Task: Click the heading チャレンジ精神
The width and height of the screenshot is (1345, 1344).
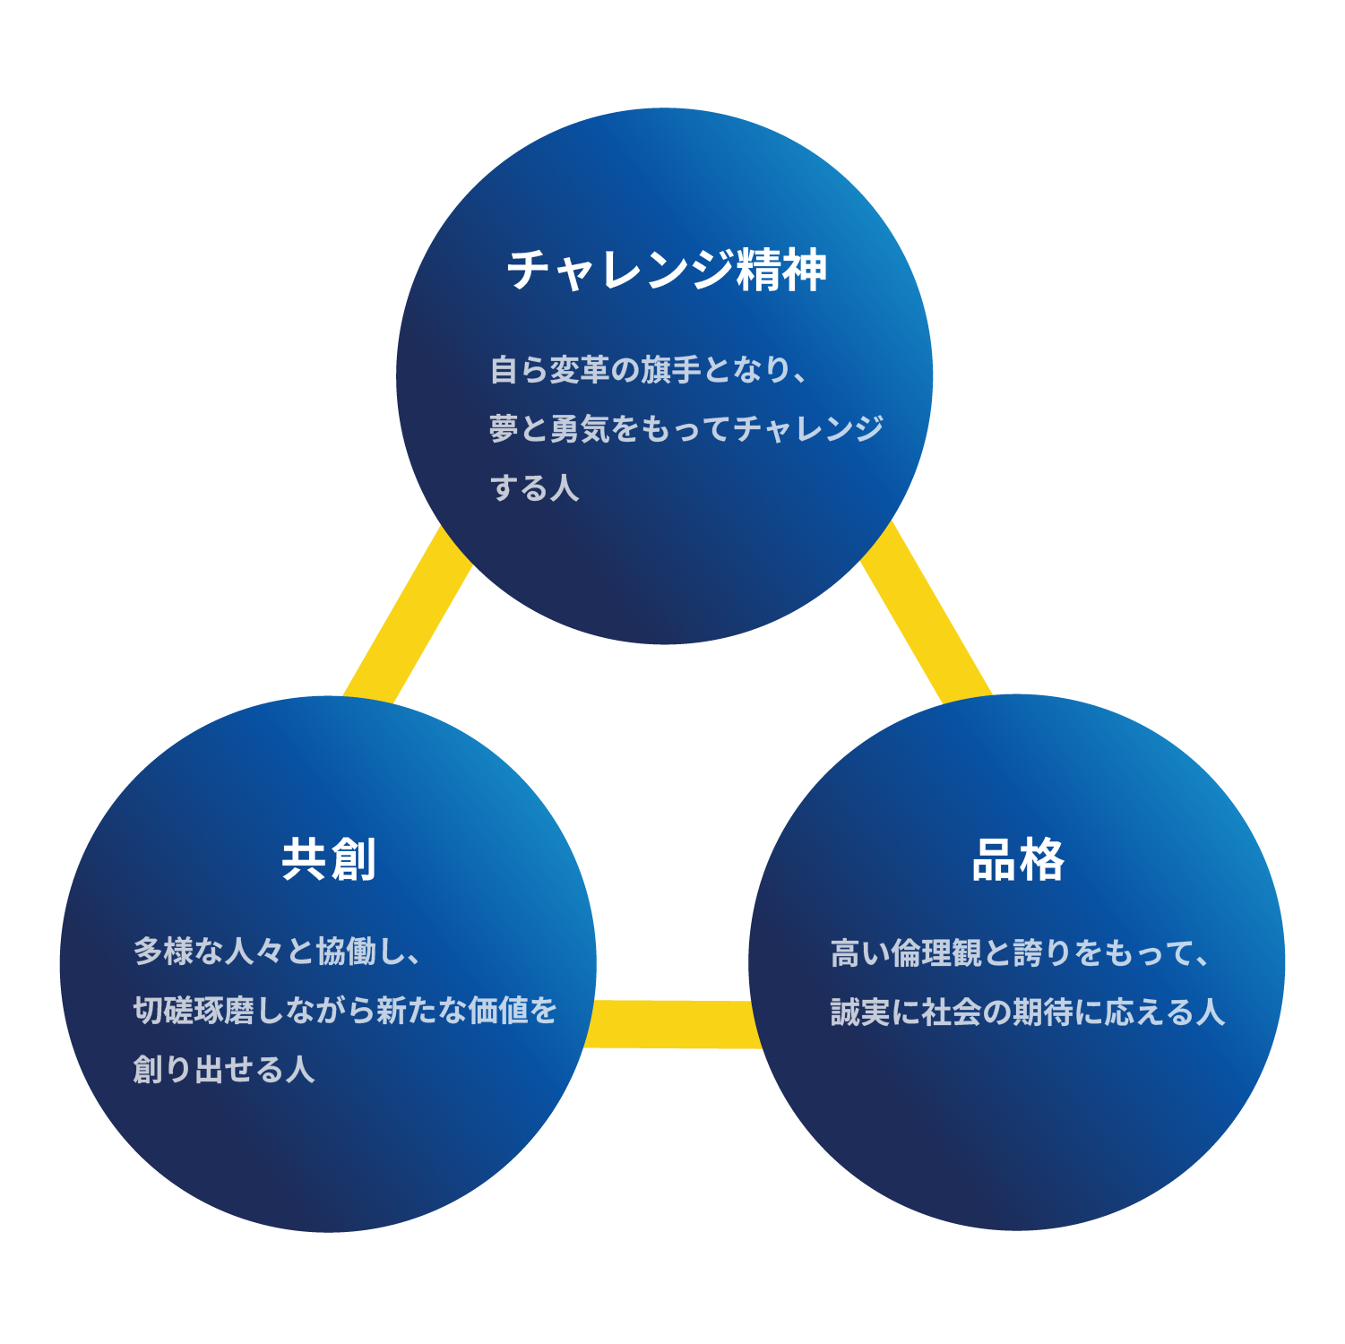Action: pos(667,270)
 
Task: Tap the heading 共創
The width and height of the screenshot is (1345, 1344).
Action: pos(328,860)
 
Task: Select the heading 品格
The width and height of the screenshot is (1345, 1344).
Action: pos(1018,860)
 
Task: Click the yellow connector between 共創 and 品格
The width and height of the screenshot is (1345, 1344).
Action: pos(672,1024)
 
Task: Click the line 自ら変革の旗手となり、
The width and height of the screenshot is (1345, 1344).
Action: pos(650,369)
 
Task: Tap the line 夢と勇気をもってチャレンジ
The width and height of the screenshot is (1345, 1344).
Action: pos(686,428)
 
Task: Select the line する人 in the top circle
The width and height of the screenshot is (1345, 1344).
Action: pos(534,488)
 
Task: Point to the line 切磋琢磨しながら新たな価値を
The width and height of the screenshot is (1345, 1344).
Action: pos(345,1010)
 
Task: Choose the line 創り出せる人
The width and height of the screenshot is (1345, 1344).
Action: pos(224,1069)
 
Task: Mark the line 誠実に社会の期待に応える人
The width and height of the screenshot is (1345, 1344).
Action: pos(1027,1012)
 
